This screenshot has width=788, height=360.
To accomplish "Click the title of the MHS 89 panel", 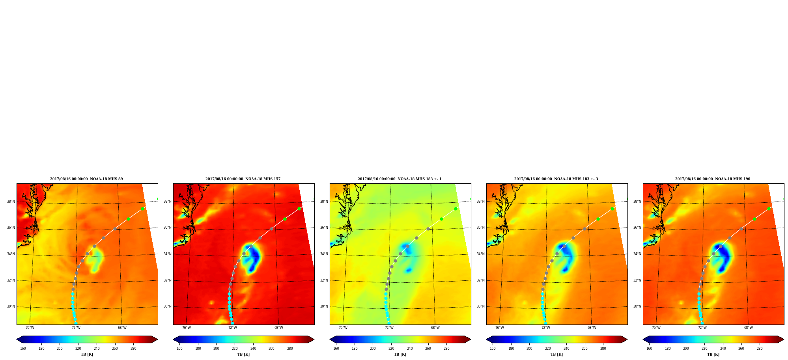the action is (x=86, y=179).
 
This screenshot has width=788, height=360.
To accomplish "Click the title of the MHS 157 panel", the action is (x=243, y=179).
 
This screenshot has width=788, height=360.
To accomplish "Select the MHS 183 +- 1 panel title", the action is (x=400, y=179).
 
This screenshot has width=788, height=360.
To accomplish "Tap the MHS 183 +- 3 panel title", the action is (x=556, y=179).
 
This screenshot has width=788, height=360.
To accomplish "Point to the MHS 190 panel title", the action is (x=713, y=179).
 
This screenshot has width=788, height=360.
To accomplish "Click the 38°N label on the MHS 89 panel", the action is (x=11, y=201).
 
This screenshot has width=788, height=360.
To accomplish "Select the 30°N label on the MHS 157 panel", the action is (x=167, y=306).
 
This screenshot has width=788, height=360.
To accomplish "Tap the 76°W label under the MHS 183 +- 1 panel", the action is (x=343, y=328).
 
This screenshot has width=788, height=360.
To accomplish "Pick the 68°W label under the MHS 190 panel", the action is (x=749, y=328).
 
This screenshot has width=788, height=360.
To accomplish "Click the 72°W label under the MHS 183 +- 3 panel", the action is (x=546, y=328).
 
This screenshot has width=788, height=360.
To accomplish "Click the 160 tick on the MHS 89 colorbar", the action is (x=23, y=348).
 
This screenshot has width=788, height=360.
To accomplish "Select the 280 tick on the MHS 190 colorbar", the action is (x=760, y=348).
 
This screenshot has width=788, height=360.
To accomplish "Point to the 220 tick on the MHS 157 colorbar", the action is (x=235, y=348).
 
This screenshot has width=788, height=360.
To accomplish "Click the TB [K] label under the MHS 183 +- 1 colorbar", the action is (x=400, y=354).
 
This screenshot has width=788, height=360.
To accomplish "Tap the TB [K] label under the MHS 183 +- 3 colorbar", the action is (x=557, y=354).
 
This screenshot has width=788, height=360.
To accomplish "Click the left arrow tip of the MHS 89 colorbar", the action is (x=17, y=339).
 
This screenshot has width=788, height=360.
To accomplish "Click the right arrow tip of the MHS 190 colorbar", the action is (x=784, y=339).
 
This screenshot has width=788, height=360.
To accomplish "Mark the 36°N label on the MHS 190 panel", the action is (x=637, y=228).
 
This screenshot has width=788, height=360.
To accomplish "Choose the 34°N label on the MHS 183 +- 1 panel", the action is (x=324, y=254).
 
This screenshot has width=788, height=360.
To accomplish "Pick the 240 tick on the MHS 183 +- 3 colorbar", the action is (x=566, y=348).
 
